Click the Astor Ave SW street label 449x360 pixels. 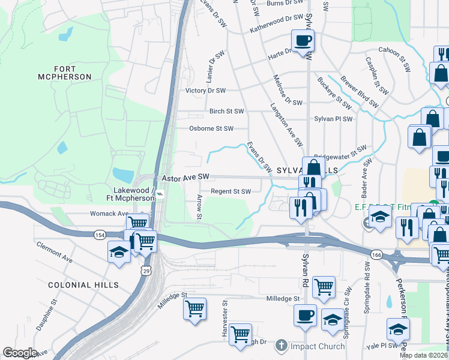185,178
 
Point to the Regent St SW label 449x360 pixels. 230,192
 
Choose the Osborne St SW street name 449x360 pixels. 211,128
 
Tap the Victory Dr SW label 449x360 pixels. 205,91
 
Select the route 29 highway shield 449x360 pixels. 146,272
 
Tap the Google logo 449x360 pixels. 20,353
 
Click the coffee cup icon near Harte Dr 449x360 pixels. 303,41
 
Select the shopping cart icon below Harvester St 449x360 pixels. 240,334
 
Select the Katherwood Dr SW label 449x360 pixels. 277,24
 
